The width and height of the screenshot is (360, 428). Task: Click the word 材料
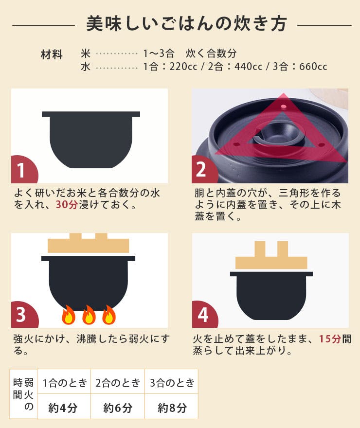[x=52, y=54]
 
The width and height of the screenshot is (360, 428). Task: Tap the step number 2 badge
[x=201, y=170]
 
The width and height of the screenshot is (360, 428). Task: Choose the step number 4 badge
[x=202, y=315]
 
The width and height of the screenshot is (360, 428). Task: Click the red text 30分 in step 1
[x=67, y=205]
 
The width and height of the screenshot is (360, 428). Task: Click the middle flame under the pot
[x=89, y=315]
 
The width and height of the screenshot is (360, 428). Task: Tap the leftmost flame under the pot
[x=69, y=315]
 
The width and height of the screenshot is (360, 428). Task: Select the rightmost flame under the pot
[x=108, y=315]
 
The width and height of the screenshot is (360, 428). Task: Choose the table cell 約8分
[x=172, y=408]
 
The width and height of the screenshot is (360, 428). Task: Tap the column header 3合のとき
[x=172, y=382]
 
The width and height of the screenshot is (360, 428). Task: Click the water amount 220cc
[x=176, y=67]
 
